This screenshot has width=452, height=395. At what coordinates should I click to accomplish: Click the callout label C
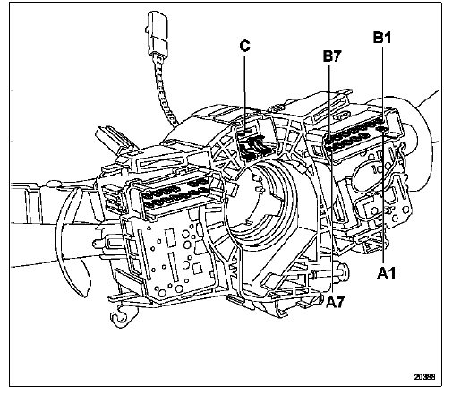click(x=244, y=46)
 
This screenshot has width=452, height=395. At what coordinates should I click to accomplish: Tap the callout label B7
click(x=332, y=56)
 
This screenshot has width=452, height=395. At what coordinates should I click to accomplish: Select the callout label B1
click(x=382, y=38)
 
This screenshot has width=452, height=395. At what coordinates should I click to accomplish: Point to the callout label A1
click(x=387, y=273)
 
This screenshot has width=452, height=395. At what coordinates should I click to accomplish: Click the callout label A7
click(x=335, y=302)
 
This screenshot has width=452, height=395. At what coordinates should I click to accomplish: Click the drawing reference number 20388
click(x=424, y=376)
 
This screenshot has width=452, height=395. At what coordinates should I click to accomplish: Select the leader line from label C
click(x=244, y=93)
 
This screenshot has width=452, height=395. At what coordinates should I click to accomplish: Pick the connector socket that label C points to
click(x=255, y=140)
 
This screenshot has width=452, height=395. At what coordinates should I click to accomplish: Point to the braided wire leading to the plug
click(x=165, y=88)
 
